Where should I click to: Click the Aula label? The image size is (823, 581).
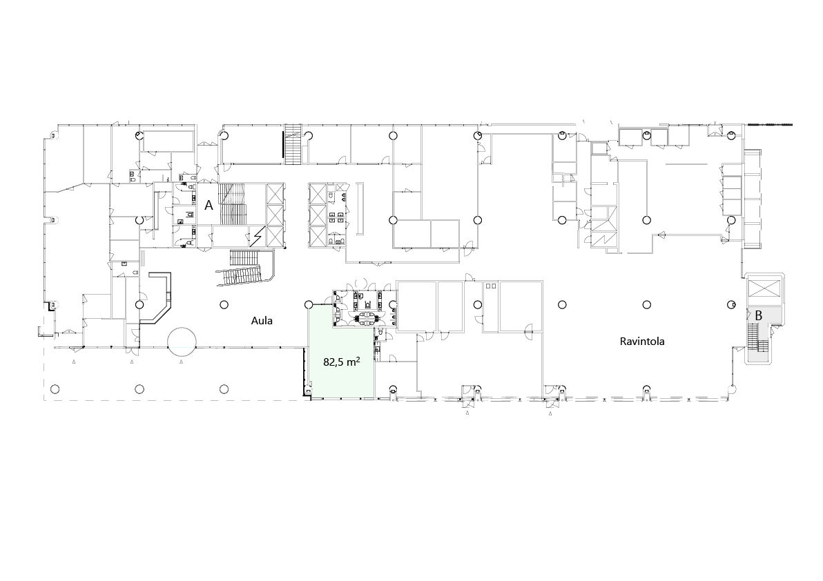262,320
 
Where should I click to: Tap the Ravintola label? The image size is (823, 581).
642,342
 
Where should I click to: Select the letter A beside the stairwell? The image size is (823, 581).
209,205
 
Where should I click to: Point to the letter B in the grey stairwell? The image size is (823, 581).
758,316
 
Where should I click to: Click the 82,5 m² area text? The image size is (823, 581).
342,362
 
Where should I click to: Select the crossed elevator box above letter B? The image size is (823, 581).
764,289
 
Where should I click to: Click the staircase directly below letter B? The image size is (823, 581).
753,337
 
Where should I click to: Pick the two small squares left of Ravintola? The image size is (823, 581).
492,286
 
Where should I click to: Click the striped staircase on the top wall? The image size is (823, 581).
293,144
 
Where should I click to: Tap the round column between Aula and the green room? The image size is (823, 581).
309,304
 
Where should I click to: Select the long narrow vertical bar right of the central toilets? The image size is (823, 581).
360,208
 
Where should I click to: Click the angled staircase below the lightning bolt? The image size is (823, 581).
246,268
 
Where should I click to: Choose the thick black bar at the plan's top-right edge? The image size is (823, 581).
769,125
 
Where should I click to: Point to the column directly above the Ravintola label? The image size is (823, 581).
647,304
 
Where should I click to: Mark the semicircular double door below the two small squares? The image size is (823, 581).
529,328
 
